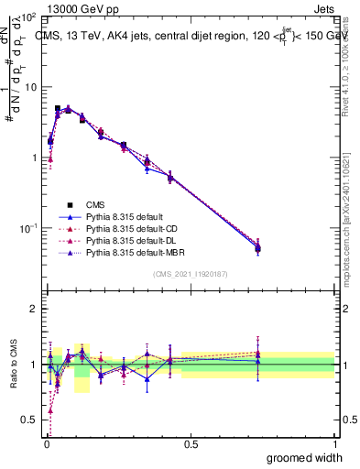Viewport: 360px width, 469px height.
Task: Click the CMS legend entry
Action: point(95,204)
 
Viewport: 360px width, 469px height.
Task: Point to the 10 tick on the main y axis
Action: point(27,87)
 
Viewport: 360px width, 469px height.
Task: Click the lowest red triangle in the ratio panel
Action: point(49,410)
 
